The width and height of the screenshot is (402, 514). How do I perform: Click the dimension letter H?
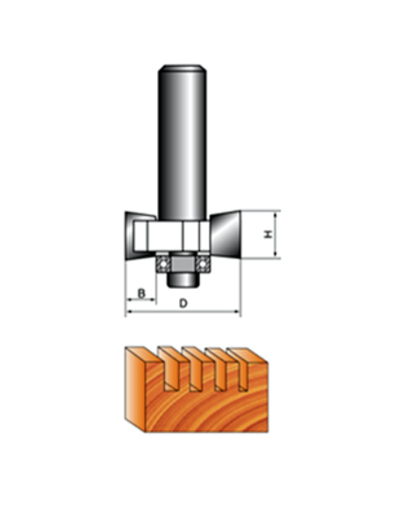tap(269, 235)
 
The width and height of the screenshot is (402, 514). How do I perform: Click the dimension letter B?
tap(141, 293)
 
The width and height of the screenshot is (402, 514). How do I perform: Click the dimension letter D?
tap(183, 303)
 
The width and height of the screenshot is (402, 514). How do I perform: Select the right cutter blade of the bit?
tap(226, 235)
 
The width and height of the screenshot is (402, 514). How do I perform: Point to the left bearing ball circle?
tap(162, 264)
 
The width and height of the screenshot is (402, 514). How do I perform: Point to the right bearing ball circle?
tap(203, 264)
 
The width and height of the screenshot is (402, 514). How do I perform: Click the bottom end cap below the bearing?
tap(183, 279)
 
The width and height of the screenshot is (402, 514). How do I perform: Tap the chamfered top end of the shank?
tap(183, 69)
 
